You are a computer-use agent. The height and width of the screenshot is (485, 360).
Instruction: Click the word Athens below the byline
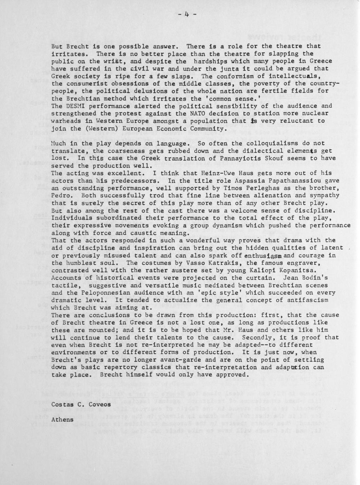63,419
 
